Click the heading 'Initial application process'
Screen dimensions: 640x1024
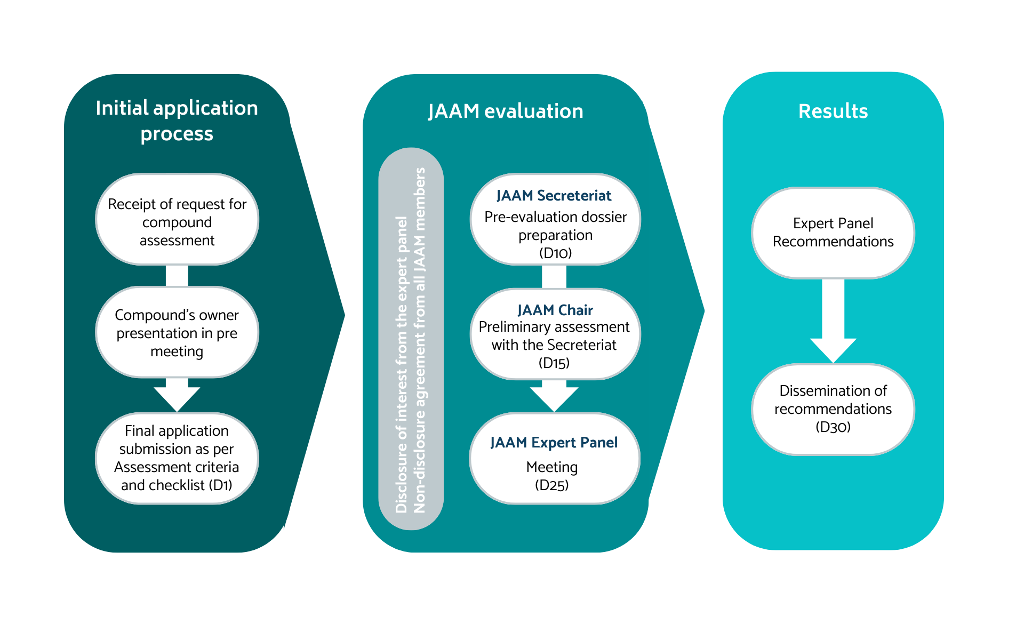pos(177,121)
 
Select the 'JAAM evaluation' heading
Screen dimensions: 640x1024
pos(505,111)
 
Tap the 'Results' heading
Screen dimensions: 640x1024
pos(833,111)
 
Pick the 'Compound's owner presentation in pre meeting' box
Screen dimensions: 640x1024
pos(177,333)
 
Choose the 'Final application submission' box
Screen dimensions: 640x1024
pos(177,458)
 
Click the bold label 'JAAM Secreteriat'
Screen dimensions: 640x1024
pos(554,196)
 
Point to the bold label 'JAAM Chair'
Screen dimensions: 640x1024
pos(555,310)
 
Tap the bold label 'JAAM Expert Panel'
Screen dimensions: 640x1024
pos(554,443)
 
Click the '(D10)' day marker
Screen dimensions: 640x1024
pos(555,253)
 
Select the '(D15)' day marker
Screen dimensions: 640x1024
pos(554,363)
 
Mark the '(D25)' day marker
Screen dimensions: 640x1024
pos(552,485)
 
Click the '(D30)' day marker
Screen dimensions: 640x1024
pos(833,427)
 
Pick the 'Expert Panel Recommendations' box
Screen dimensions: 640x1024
pos(833,233)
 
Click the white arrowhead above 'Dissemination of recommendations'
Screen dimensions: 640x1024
pos(833,349)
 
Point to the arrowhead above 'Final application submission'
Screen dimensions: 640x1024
pos(177,397)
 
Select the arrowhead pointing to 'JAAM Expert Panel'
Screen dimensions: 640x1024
pos(554,398)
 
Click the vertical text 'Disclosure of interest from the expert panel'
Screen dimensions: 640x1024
pos(402,365)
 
